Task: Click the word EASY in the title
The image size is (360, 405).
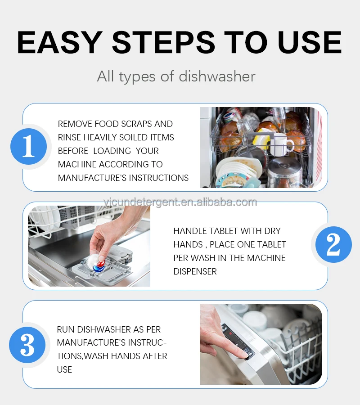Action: tap(60, 42)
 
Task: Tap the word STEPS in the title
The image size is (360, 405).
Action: tap(163, 42)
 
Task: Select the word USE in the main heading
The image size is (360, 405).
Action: tap(310, 42)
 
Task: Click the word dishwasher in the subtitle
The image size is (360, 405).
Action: tap(217, 76)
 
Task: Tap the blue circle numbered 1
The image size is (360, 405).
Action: tap(29, 146)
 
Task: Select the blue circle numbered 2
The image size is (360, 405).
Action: tap(333, 244)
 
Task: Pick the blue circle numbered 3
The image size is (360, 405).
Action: tap(27, 345)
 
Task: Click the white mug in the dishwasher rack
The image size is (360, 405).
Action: tap(282, 144)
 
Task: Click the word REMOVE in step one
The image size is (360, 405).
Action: tap(75, 124)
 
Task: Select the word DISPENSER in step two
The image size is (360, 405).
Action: tap(195, 271)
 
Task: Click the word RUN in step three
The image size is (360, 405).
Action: tap(66, 329)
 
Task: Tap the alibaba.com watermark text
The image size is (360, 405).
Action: tap(180, 202)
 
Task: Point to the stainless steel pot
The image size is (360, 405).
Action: tap(284, 172)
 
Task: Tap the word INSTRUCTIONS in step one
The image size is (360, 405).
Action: tap(158, 178)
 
